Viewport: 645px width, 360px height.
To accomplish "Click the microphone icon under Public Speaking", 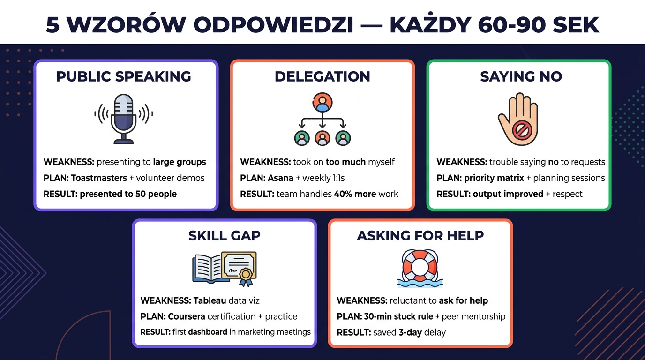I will point(124,118).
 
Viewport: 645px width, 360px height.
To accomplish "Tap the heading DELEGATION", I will point(322,76).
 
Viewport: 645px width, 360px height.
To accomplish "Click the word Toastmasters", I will point(99,178).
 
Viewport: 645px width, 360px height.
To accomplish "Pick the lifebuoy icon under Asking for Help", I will point(420,266).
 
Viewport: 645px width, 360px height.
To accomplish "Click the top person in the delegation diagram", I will point(322,102).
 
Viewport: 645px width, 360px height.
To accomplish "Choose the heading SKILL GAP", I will point(224,235).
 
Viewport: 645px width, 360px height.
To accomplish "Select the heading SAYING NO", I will point(521,76).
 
